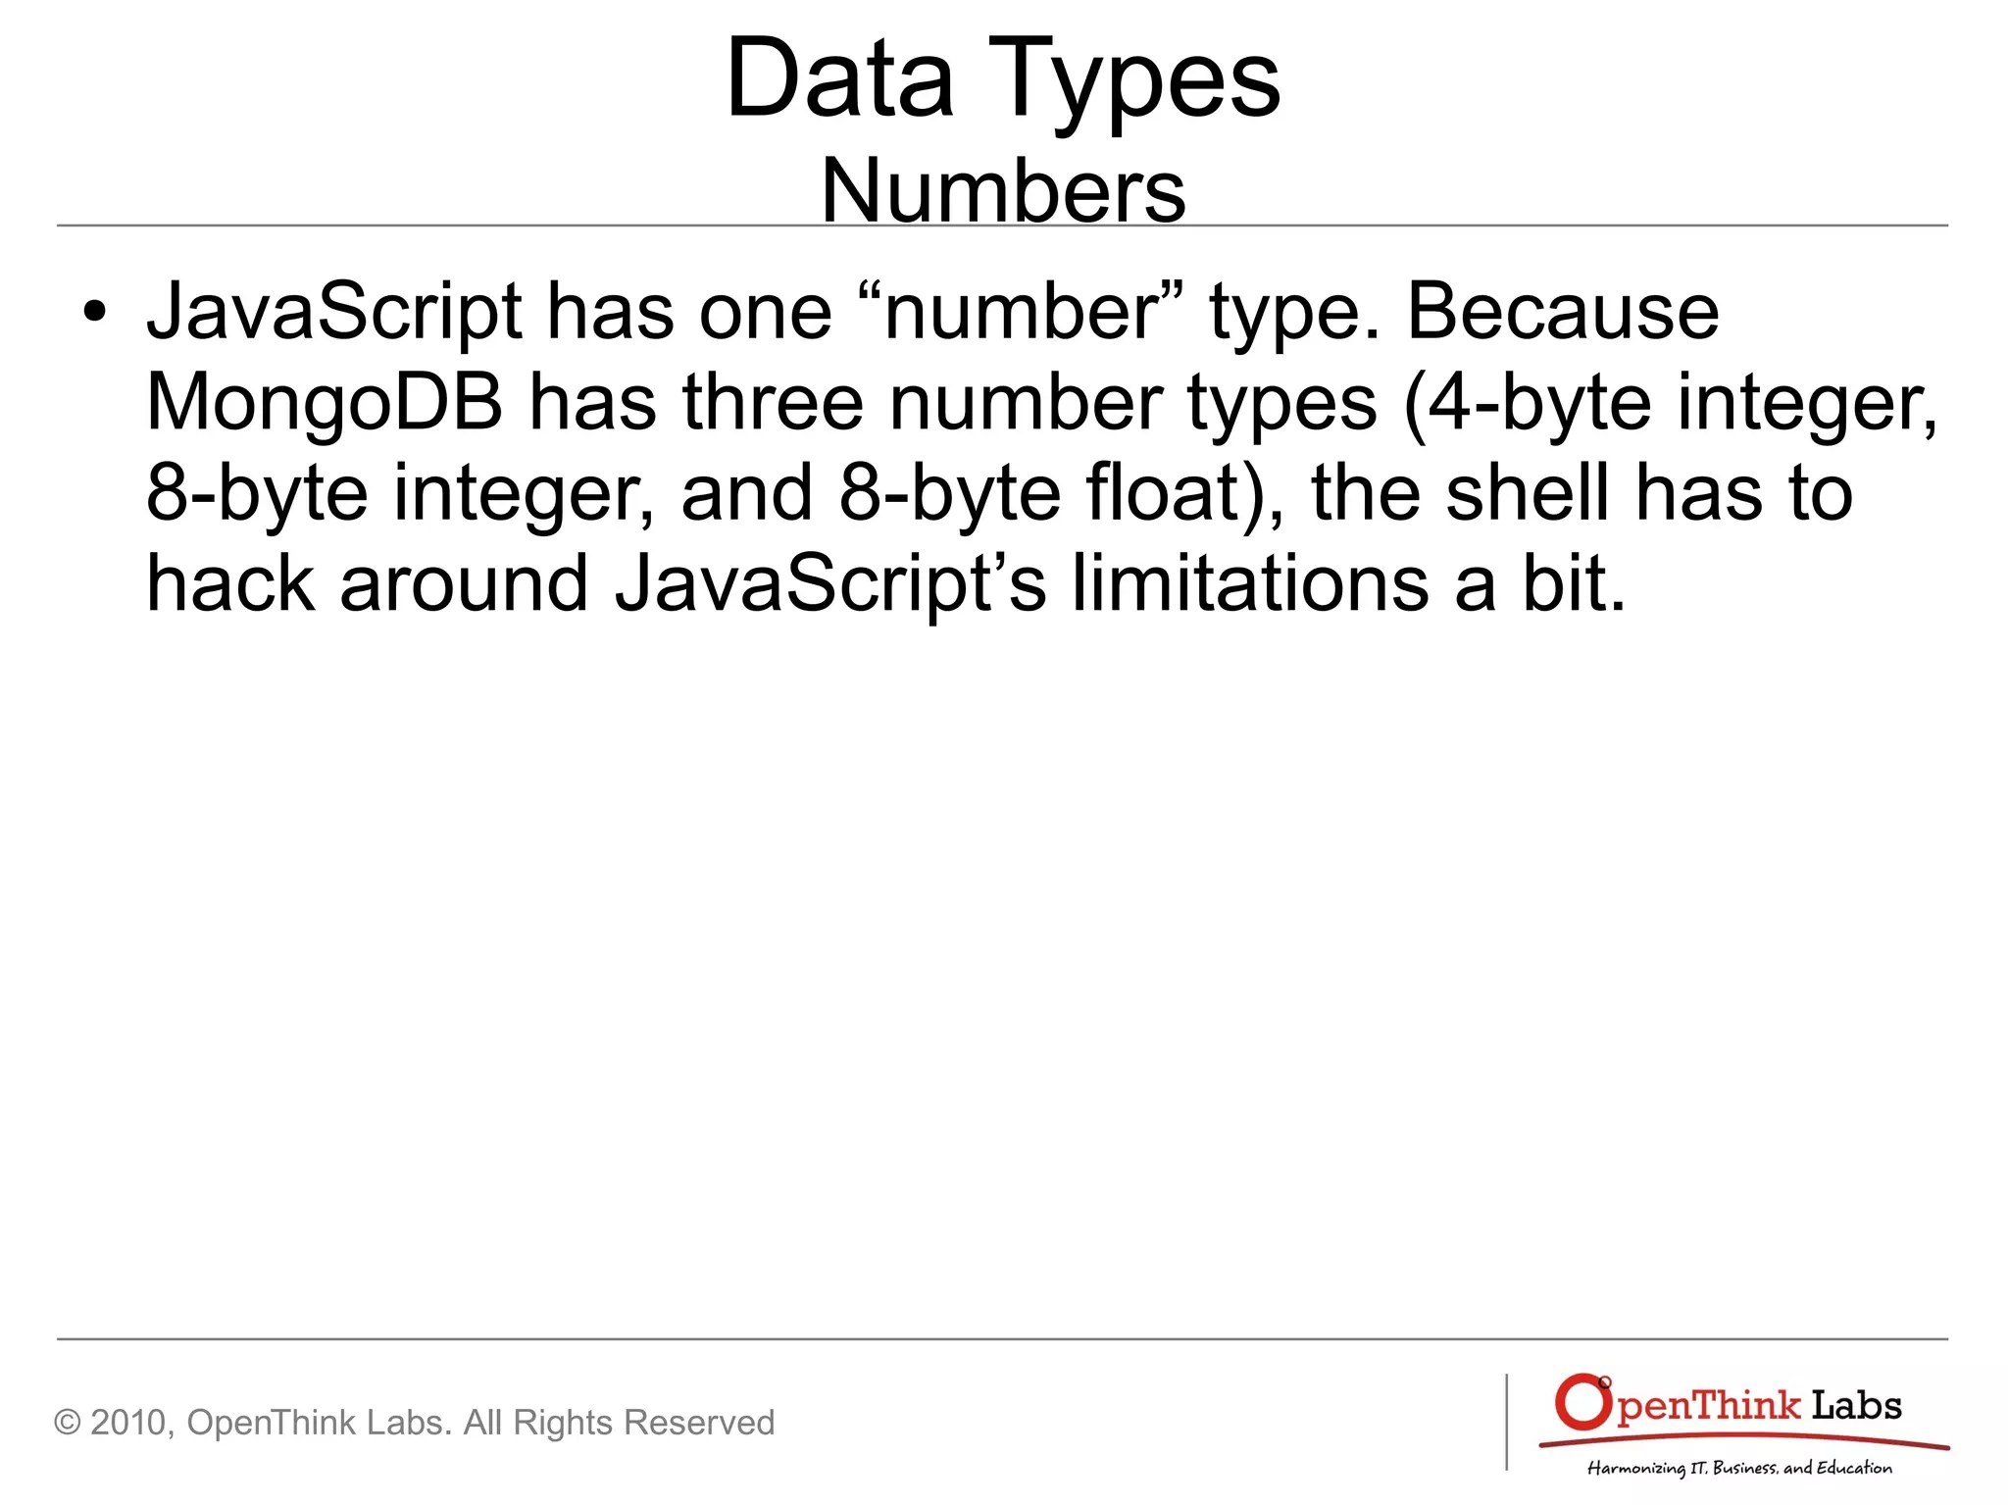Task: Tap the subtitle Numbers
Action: coord(1003,190)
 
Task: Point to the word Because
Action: coord(1562,312)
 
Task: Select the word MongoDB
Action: coord(325,403)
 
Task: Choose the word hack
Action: coord(231,583)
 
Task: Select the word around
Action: coord(463,583)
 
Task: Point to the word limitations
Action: coord(1250,583)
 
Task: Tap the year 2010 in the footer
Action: coord(132,1423)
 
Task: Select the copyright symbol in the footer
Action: coord(67,1423)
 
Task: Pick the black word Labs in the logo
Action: coord(1856,1406)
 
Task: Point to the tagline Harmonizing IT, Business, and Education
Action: coord(1739,1468)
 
